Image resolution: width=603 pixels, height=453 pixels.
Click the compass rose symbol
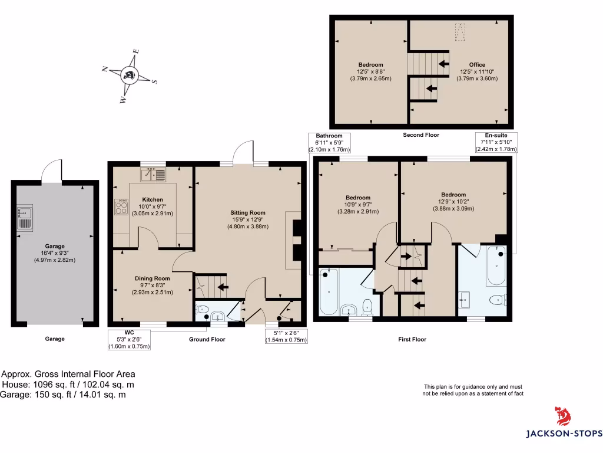[x=129, y=75]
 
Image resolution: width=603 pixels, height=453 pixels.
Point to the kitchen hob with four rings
[x=121, y=206]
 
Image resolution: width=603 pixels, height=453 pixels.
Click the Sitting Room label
[x=247, y=212]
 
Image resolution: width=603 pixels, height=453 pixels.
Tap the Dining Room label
[x=152, y=278]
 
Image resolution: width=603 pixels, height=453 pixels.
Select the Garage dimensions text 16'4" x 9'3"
[x=55, y=253]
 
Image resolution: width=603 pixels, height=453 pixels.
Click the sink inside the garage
[x=25, y=217]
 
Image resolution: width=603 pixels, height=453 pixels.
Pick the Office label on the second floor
[x=477, y=65]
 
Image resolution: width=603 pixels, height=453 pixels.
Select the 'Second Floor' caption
[x=421, y=135]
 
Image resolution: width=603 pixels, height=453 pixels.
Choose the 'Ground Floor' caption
[x=207, y=339]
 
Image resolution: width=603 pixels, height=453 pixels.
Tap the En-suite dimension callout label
[x=496, y=142]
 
